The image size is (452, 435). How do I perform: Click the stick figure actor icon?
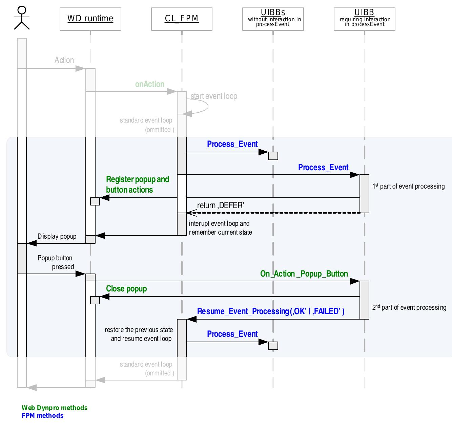click(x=22, y=18)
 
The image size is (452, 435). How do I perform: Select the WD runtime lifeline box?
click(x=90, y=19)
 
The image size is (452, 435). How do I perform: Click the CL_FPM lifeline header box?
click(x=182, y=19)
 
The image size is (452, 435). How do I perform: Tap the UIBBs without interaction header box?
click(x=273, y=19)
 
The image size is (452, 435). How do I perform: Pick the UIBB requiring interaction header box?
click(x=364, y=19)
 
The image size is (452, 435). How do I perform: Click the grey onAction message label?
click(x=149, y=84)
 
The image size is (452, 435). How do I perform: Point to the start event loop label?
click(x=214, y=96)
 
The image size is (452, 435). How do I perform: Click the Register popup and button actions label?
click(x=137, y=184)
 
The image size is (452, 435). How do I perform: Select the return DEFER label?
click(x=221, y=205)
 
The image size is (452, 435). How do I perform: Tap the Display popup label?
click(x=57, y=236)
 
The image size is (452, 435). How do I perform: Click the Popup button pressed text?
click(x=56, y=262)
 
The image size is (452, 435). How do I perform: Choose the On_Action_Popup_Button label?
click(x=304, y=274)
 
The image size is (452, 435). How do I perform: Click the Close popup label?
click(x=126, y=289)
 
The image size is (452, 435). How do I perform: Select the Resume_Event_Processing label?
click(x=271, y=311)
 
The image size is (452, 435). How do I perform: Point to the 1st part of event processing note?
click(x=409, y=186)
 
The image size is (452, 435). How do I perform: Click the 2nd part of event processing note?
click(x=409, y=307)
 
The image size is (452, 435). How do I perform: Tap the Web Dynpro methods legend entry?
click(x=55, y=408)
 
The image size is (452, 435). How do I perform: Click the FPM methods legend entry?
click(x=42, y=416)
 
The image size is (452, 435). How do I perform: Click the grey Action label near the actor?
click(x=64, y=60)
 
